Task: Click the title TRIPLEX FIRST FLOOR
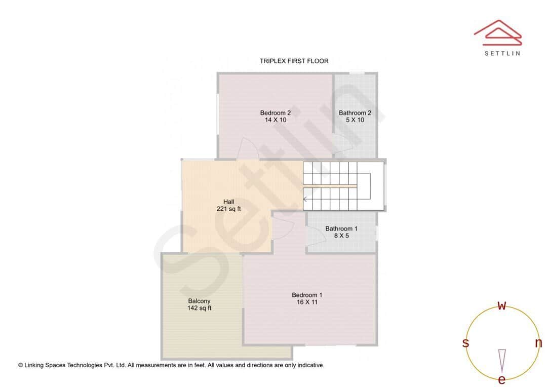(x=294, y=61)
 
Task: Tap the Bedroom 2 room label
(x=275, y=113)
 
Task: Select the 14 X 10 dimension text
(x=275, y=120)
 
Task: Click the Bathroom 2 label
(x=355, y=113)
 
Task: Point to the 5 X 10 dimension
(x=355, y=120)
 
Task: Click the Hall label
(x=228, y=202)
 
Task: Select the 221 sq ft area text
(x=228, y=209)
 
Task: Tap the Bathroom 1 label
(x=341, y=228)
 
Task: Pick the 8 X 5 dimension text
(x=341, y=236)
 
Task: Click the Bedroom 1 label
(x=306, y=295)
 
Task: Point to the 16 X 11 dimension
(x=306, y=302)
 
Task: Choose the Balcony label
(x=199, y=301)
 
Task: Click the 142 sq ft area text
(x=199, y=308)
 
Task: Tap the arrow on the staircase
(x=305, y=199)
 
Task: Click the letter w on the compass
(x=501, y=306)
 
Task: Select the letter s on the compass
(x=465, y=343)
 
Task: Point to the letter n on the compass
(x=538, y=343)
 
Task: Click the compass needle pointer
(x=501, y=360)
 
